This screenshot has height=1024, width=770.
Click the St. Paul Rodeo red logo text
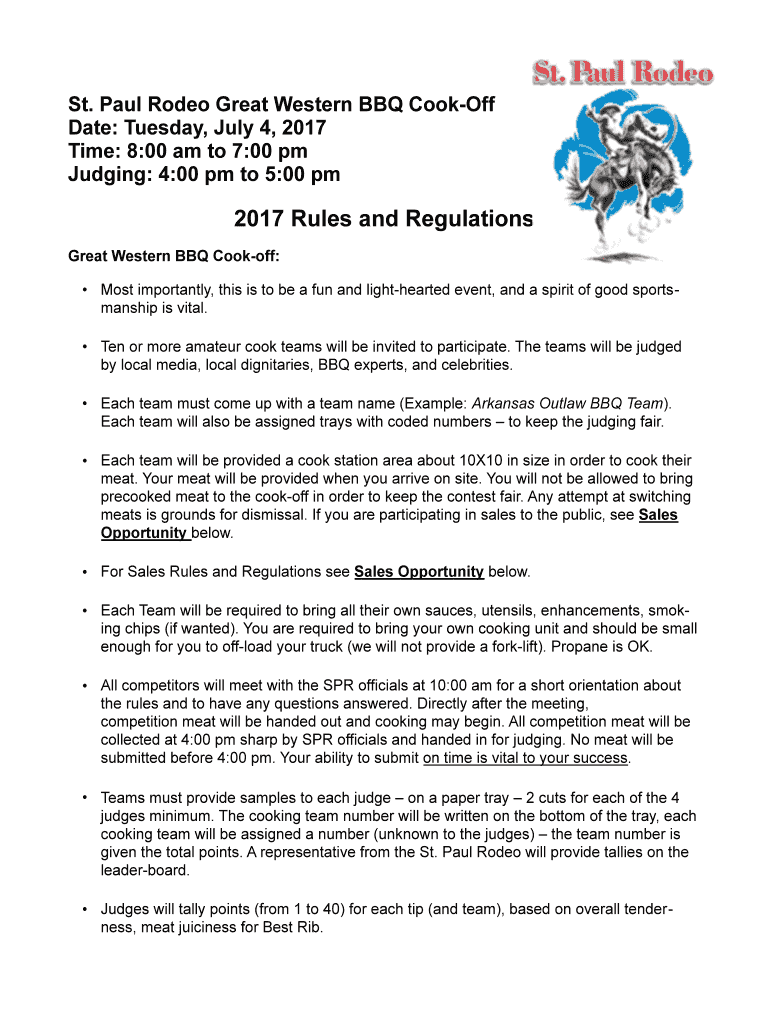pyautogui.click(x=621, y=74)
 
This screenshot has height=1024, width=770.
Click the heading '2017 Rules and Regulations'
pyautogui.click(x=383, y=219)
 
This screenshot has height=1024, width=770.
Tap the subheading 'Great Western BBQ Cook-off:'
pyautogui.click(x=173, y=256)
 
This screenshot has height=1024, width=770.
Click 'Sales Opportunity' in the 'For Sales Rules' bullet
pyautogui.click(x=419, y=572)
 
